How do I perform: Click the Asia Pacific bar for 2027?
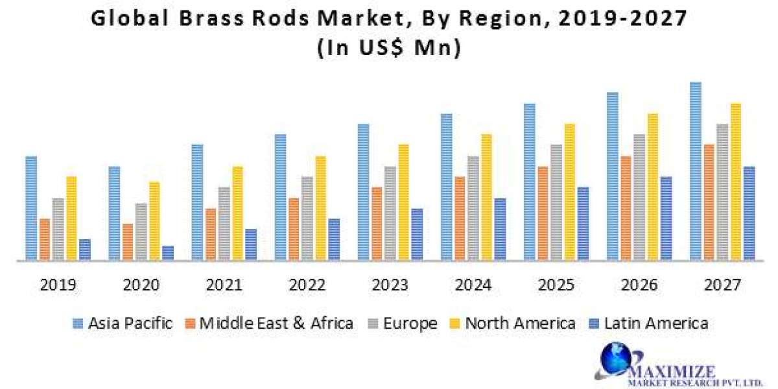tap(696, 172)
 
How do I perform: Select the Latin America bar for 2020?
tap(168, 253)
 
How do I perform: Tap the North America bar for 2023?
tap(404, 202)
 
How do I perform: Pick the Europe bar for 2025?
tap(556, 202)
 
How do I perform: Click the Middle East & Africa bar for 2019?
tap(45, 239)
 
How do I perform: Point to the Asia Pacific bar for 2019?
tap(31, 208)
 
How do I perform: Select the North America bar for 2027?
tap(736, 182)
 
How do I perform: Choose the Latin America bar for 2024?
tap(500, 230)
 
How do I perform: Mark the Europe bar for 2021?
tap(224, 224)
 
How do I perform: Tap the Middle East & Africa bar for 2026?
tap(626, 208)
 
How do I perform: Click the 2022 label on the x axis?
tap(307, 285)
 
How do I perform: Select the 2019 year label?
tap(58, 285)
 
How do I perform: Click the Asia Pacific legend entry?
tap(123, 323)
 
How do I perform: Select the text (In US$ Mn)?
tap(389, 49)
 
